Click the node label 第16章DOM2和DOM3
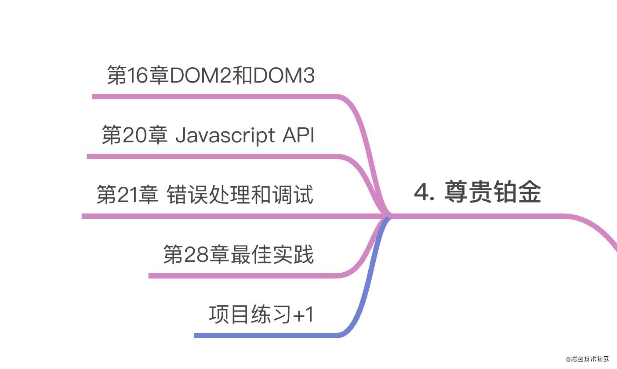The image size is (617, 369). click(211, 76)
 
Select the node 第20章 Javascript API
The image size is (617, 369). click(208, 135)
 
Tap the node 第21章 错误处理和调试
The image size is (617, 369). click(205, 195)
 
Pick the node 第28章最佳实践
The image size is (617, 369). click(238, 254)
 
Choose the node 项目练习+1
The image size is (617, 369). click(261, 315)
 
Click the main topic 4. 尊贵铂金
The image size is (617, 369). click(477, 192)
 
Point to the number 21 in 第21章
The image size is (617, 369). click(127, 195)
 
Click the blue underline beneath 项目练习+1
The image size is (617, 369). click(264, 336)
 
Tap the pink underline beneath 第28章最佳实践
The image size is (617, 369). click(242, 276)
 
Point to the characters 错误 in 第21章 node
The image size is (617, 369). click(188, 195)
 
